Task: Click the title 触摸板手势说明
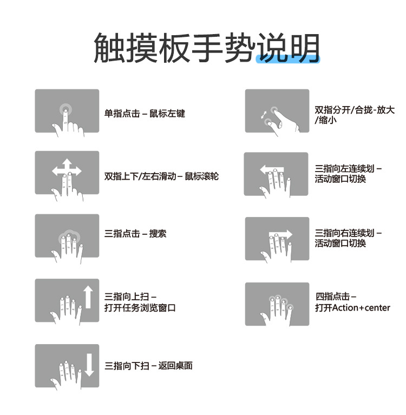pos(206,48)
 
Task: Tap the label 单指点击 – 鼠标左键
pos(145,114)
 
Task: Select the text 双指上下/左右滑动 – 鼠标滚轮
pos(161,176)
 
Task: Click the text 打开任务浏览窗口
pos(140,308)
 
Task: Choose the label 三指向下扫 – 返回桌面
pos(148,366)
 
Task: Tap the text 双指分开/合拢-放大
pos(355,110)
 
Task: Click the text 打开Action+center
pos(352,308)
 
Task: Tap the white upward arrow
pos(88,297)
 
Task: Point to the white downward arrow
pos(89,365)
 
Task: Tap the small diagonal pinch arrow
pos(264,115)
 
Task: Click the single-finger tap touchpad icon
pos(67,111)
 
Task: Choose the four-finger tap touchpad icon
pos(277,304)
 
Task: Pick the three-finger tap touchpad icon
pos(67,239)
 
